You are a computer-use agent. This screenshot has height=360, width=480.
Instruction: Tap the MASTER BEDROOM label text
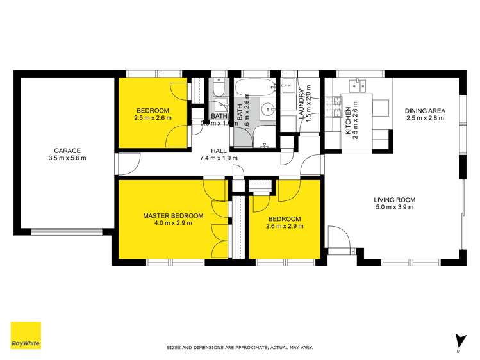coord(173,215)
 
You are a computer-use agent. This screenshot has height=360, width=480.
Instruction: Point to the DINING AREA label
coord(425,110)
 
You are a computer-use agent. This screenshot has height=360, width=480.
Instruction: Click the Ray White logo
coord(26,336)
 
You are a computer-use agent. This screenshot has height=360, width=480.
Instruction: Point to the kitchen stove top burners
coord(333,108)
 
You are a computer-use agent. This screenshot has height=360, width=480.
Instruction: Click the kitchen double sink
coord(357,84)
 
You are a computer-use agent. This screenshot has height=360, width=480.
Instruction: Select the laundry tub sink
coord(288,85)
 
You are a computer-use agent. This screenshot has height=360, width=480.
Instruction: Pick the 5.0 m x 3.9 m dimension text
coord(394,207)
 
